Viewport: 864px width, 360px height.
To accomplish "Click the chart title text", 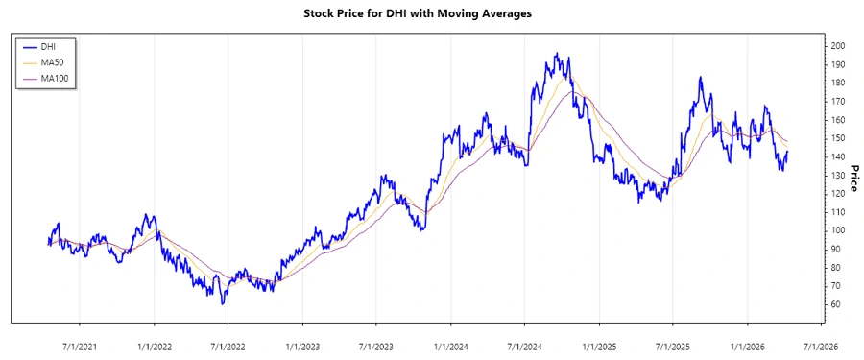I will (x=431, y=13).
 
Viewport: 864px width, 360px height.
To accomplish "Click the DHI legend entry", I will (x=49, y=46).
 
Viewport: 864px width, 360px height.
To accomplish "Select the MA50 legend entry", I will (x=52, y=62).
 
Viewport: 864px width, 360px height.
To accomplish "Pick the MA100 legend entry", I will (x=54, y=79).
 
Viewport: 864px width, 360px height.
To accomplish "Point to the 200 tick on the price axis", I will (x=839, y=46).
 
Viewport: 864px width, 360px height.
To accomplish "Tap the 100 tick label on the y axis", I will (x=839, y=230).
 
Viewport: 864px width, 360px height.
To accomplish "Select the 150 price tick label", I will (x=839, y=138).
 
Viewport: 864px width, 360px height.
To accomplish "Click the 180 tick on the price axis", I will (x=839, y=83).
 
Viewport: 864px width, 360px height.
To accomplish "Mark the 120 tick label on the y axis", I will (x=839, y=194).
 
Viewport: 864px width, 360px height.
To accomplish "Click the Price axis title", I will (x=853, y=175).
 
